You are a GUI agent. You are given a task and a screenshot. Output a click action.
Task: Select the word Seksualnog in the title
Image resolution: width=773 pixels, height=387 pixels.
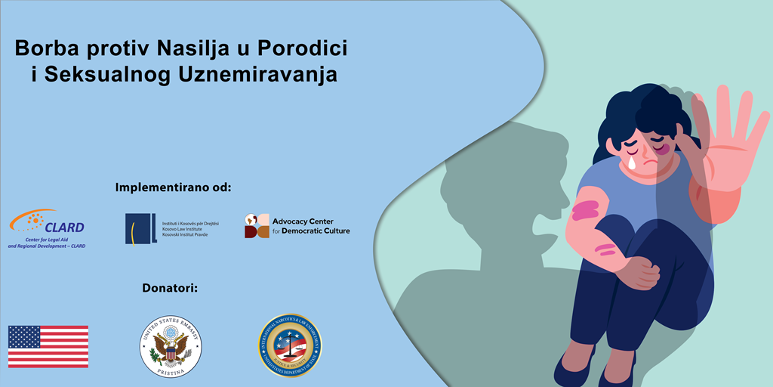click(x=106, y=76)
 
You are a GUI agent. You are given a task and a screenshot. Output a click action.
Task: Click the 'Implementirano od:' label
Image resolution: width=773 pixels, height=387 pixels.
click(x=173, y=187)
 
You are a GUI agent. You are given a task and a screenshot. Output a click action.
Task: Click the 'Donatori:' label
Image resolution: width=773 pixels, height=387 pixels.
click(x=174, y=288)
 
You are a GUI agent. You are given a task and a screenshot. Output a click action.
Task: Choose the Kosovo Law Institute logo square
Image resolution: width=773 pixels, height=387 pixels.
click(x=141, y=228)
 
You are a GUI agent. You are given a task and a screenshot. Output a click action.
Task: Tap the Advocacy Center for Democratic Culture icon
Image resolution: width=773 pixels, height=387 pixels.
click(x=257, y=226)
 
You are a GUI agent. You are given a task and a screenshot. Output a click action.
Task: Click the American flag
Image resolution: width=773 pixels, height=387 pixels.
click(x=48, y=347)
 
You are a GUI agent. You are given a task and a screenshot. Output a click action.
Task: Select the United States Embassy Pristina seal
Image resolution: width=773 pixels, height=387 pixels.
click(x=171, y=347)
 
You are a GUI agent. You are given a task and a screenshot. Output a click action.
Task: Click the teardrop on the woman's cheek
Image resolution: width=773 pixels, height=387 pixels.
click(x=631, y=163)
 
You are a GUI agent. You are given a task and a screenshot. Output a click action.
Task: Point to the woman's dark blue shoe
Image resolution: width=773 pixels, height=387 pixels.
click(x=574, y=370)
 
